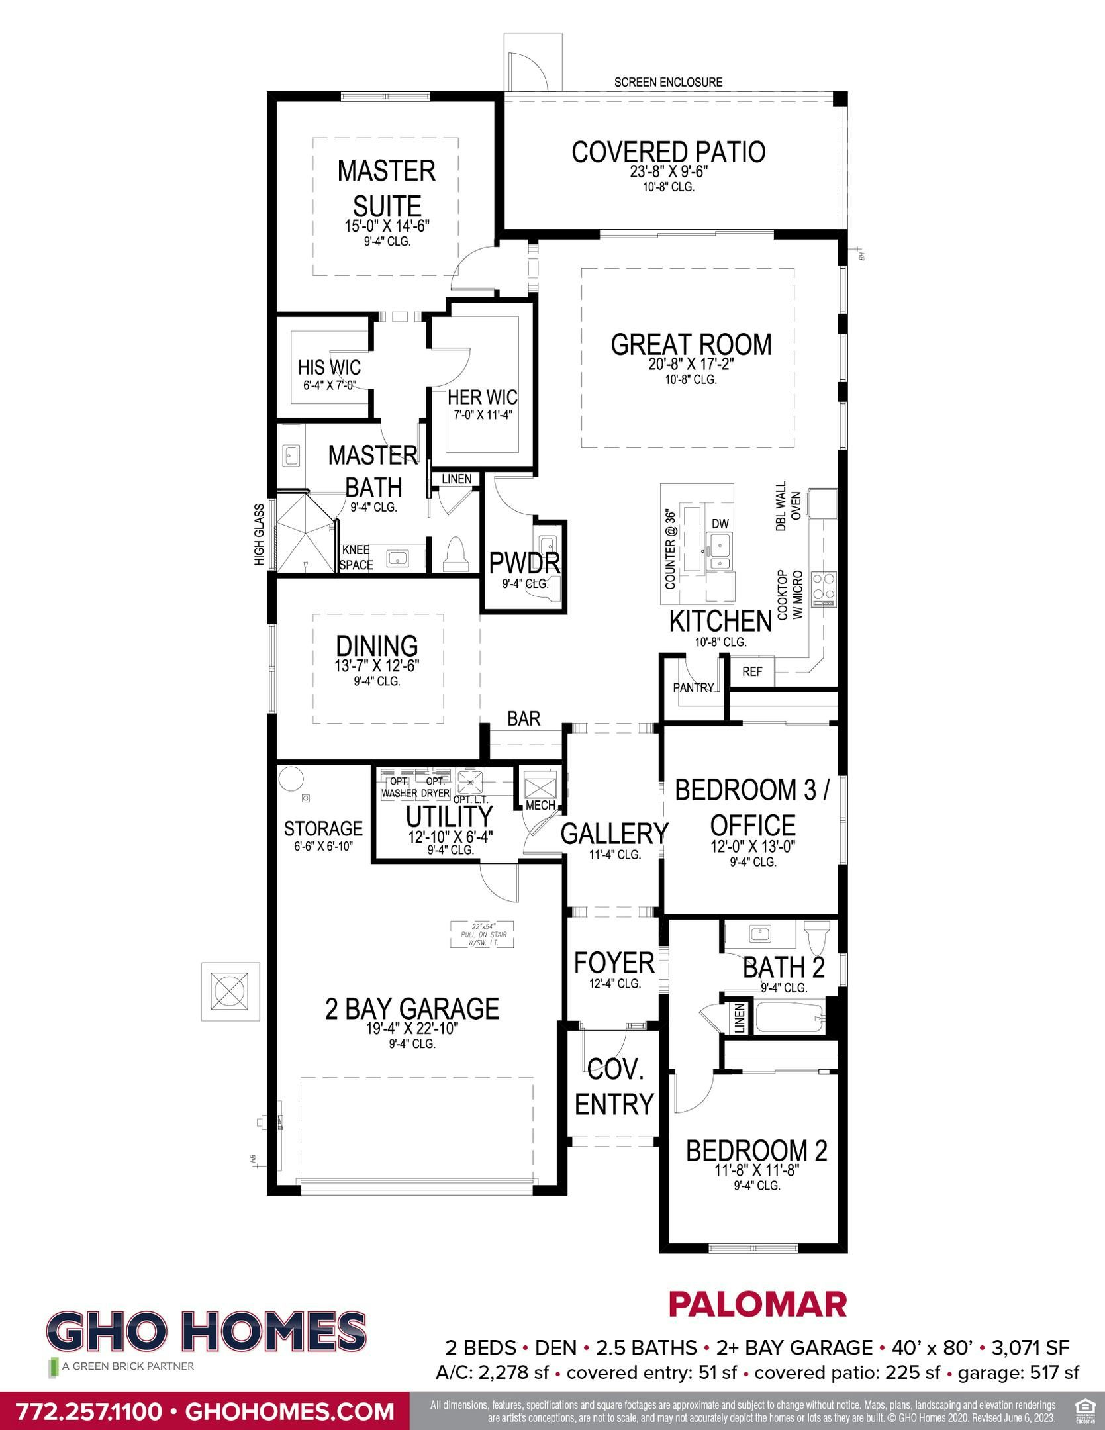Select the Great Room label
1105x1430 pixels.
coord(691,344)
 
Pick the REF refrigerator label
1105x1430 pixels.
coord(752,671)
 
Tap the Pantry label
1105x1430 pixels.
coord(693,687)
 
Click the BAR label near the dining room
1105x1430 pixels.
coord(524,718)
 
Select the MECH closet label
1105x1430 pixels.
coord(540,806)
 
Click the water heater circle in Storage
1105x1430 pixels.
coord(289,778)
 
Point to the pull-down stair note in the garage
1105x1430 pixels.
coord(483,934)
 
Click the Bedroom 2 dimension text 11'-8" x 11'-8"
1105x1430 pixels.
coord(757,1170)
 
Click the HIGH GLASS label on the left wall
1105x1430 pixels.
coord(259,535)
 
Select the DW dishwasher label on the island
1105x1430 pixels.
coord(720,524)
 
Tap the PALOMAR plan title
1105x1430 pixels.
coord(757,1304)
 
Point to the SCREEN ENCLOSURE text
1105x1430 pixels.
coord(668,82)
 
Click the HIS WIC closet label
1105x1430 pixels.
coord(329,367)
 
